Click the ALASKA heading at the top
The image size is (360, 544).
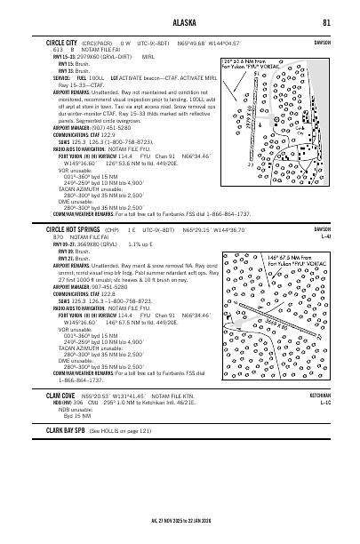[179, 21]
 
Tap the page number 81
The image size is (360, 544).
[328, 21]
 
